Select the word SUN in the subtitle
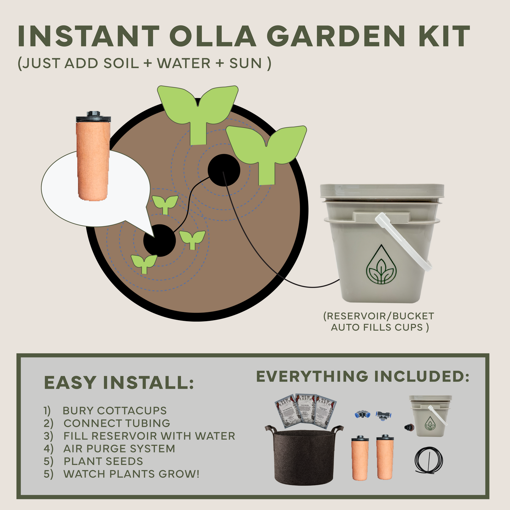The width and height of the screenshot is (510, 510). pyautogui.click(x=246, y=64)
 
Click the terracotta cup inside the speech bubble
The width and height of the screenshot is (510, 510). pyautogui.click(x=92, y=159)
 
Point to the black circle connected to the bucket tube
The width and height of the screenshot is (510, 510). pyautogui.click(x=224, y=170)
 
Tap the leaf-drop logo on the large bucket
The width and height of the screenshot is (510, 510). pyautogui.click(x=381, y=265)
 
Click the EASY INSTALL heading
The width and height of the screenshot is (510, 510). pyautogui.click(x=119, y=383)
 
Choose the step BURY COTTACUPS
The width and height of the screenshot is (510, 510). pyautogui.click(x=114, y=410)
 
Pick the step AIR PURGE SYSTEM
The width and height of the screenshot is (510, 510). pyautogui.click(x=119, y=449)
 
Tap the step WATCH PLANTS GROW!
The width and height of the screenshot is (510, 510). pyautogui.click(x=131, y=474)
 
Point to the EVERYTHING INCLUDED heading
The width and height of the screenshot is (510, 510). pyautogui.click(x=362, y=377)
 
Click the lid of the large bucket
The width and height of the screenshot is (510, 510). pyautogui.click(x=382, y=191)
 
